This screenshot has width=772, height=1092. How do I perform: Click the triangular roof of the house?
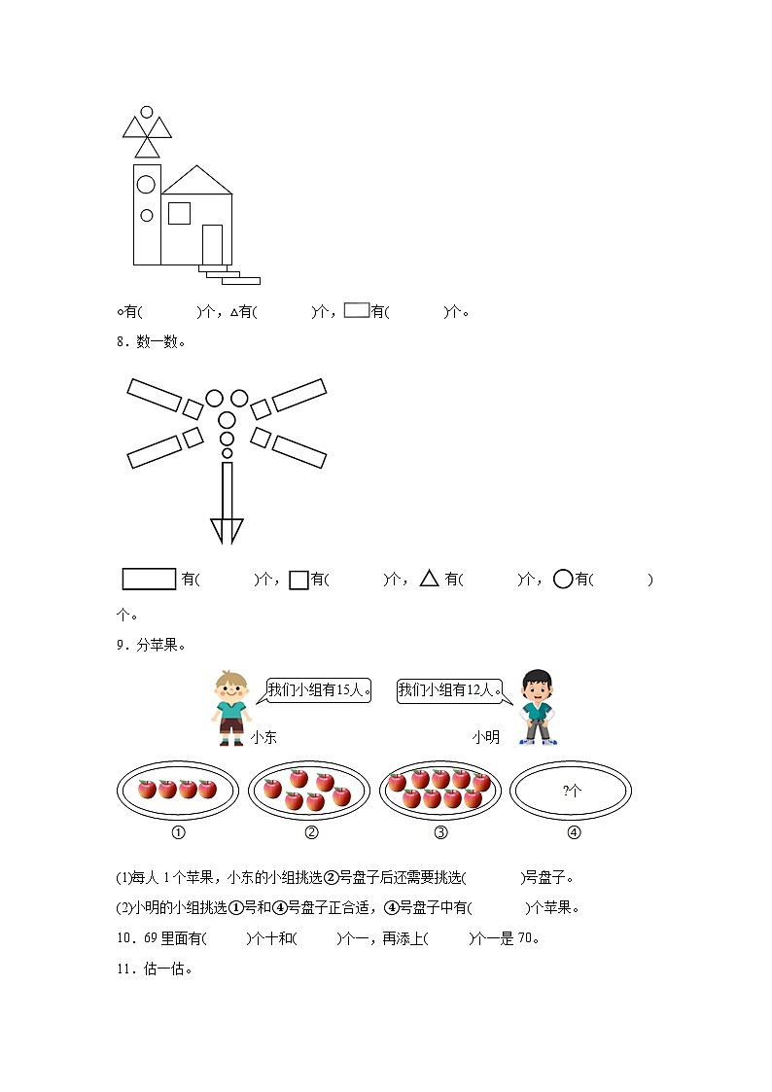[x=197, y=182]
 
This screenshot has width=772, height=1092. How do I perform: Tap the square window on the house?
[x=179, y=213]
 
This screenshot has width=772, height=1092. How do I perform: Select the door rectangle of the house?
[x=212, y=244]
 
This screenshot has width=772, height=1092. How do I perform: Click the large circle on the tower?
[x=147, y=183]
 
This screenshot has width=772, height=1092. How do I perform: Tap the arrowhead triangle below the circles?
[x=228, y=530]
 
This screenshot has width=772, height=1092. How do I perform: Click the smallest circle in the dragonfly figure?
[x=228, y=453]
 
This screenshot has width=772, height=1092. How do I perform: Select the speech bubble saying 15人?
[x=318, y=690]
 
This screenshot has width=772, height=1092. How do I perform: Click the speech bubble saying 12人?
[x=451, y=690]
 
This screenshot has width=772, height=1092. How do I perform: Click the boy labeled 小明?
[x=536, y=707]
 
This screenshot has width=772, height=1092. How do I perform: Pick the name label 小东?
[x=263, y=738]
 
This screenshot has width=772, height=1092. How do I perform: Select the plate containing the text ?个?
[x=571, y=791]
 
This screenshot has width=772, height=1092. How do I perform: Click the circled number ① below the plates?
[x=178, y=832]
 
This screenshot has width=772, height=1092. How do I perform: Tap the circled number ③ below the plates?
[x=440, y=832]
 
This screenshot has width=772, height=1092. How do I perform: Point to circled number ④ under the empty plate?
[x=573, y=832]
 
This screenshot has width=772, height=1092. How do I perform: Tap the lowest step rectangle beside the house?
[x=241, y=281]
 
